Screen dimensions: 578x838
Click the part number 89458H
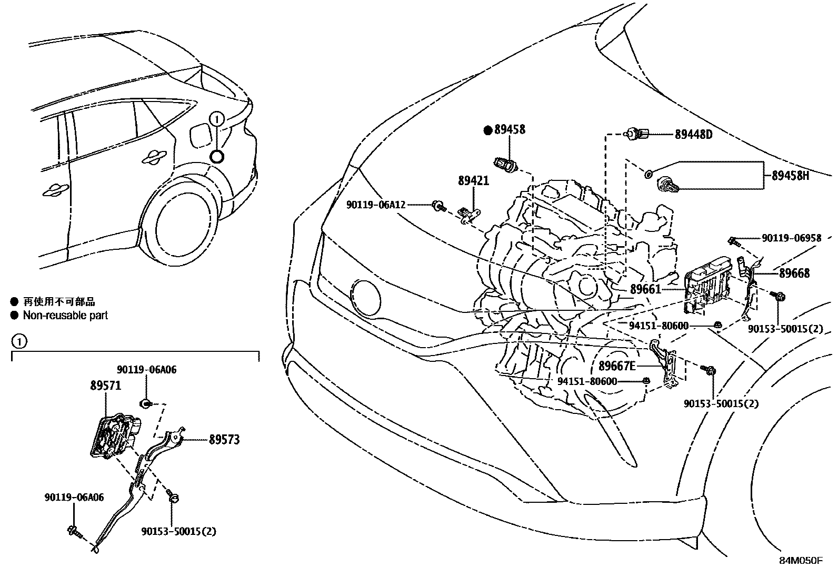click(790, 176)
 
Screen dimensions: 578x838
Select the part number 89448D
click(693, 135)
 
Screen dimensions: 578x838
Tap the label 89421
click(473, 181)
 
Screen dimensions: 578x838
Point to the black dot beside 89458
click(487, 129)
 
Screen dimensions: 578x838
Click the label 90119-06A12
click(376, 205)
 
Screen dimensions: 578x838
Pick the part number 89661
click(645, 289)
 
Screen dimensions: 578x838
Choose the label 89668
click(794, 273)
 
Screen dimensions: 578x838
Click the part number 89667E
click(617, 366)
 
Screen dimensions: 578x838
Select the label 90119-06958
click(791, 238)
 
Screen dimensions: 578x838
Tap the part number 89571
click(105, 386)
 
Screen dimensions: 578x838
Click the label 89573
click(224, 439)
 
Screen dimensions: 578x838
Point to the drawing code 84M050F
click(801, 561)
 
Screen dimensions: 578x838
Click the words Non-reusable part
click(65, 316)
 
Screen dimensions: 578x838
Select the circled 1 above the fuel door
click(217, 119)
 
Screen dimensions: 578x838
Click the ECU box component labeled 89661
click(708, 287)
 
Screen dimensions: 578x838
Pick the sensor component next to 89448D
click(638, 135)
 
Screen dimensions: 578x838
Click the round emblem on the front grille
click(365, 298)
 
